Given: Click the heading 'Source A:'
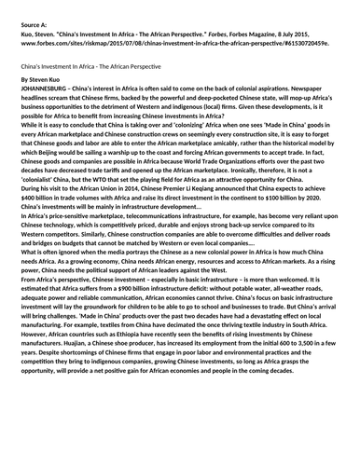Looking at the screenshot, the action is (34, 16).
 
